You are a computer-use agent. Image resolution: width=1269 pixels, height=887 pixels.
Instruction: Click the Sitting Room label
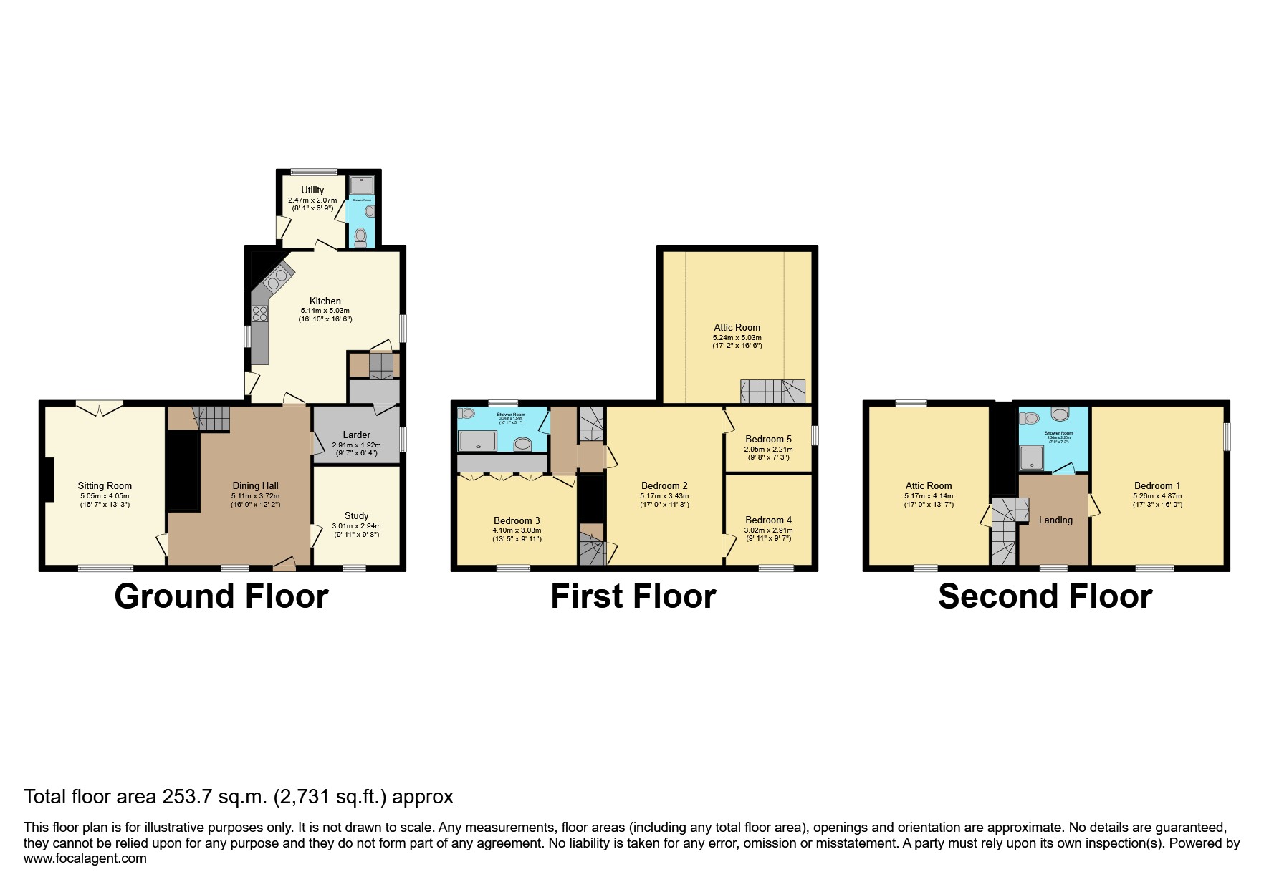pyautogui.click(x=105, y=486)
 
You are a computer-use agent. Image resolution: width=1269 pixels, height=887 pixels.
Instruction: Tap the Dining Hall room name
pyautogui.click(x=255, y=486)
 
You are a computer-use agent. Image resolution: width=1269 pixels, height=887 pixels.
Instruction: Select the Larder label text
pyautogui.click(x=356, y=435)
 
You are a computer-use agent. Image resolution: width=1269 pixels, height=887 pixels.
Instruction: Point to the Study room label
pyautogui.click(x=356, y=515)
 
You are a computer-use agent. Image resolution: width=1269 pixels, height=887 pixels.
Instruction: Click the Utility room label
pyautogui.click(x=312, y=190)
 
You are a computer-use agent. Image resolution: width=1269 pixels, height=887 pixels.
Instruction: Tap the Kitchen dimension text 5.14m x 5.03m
pyautogui.click(x=325, y=311)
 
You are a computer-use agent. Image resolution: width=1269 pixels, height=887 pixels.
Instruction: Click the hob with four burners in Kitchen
pyautogui.click(x=259, y=314)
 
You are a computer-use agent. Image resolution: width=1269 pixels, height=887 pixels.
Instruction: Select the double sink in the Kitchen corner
pyautogui.click(x=279, y=278)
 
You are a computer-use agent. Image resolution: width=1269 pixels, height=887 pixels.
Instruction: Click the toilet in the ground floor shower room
pyautogui.click(x=360, y=236)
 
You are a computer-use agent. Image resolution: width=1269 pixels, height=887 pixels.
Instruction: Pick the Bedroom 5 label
pyautogui.click(x=768, y=440)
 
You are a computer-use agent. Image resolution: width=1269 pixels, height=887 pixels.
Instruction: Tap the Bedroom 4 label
pyautogui.click(x=768, y=520)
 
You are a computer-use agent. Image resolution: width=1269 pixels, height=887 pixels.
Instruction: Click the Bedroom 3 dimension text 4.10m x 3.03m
pyautogui.click(x=517, y=530)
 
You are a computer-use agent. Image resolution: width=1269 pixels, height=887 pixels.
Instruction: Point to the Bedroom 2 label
pyautogui.click(x=664, y=486)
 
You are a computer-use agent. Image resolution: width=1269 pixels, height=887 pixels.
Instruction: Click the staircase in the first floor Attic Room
pyautogui.click(x=772, y=392)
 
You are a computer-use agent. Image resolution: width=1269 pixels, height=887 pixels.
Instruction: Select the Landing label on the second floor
pyautogui.click(x=1055, y=520)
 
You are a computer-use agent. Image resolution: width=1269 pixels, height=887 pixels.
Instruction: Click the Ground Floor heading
pyautogui.click(x=221, y=596)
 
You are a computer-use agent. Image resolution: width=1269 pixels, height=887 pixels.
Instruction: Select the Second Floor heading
pyautogui.click(x=1045, y=596)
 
